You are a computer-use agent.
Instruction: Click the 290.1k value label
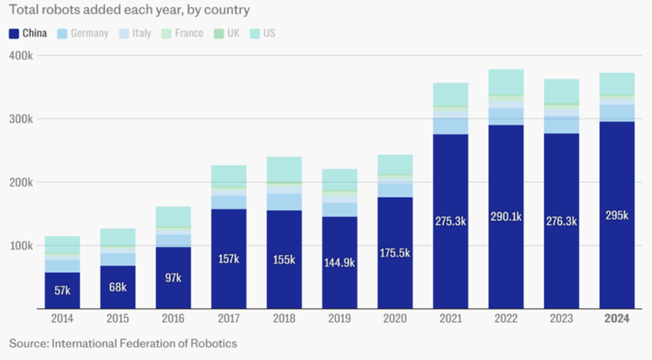pyautogui.click(x=506, y=221)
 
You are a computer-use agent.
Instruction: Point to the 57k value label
pyautogui.click(x=62, y=290)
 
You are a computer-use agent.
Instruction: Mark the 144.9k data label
pyautogui.click(x=339, y=262)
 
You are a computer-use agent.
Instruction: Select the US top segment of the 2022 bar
pyautogui.click(x=506, y=82)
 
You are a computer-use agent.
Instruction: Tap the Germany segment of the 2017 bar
pyautogui.click(x=228, y=202)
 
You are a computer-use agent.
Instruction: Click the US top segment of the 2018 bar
pyautogui.click(x=284, y=169)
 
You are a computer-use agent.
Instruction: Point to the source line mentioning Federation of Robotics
pyautogui.click(x=123, y=344)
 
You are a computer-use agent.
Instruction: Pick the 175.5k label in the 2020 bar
pyautogui.click(x=395, y=253)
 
